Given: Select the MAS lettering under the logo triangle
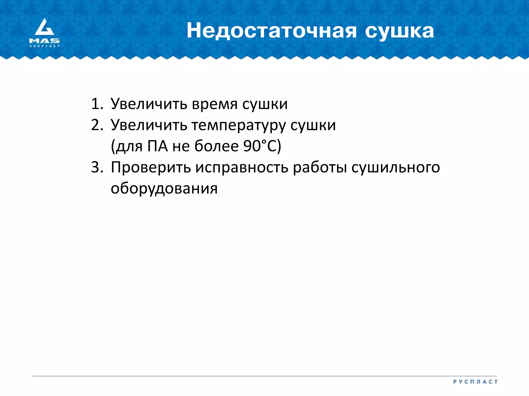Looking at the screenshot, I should (x=44, y=41).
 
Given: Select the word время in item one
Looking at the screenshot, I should (x=215, y=104).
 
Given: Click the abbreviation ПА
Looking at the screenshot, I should (x=158, y=146).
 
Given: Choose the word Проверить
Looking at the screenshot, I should (x=151, y=167).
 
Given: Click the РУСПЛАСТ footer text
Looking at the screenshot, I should (x=475, y=382).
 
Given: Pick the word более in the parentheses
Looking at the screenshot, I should (x=216, y=146).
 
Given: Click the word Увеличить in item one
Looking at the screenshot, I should (x=149, y=104).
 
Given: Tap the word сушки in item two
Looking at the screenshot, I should (x=313, y=126).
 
